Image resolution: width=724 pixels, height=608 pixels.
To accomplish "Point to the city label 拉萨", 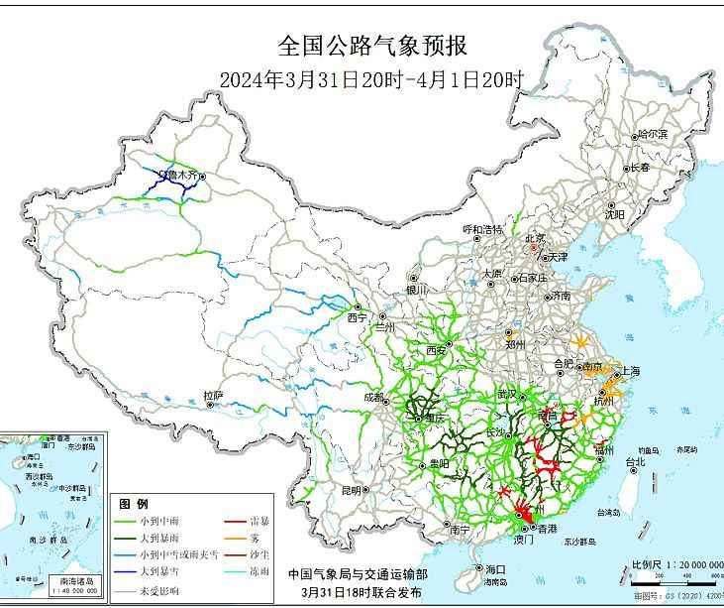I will click(x=213, y=396).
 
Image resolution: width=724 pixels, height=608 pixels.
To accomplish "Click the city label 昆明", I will click(x=351, y=490).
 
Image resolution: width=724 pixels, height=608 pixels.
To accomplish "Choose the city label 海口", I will click(x=495, y=569).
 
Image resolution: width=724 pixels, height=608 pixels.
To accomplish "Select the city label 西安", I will click(x=437, y=350).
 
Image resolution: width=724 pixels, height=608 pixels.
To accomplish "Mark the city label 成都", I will click(x=373, y=398).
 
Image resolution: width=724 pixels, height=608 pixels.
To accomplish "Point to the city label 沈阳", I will click(x=615, y=213).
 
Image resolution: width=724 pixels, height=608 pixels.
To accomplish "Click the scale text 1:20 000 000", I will click(x=682, y=564).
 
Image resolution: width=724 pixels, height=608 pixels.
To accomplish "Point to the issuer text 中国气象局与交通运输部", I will click(x=358, y=573).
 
